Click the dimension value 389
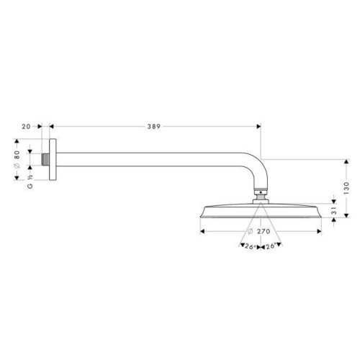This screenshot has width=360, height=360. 152,125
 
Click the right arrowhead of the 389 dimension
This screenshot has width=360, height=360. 258,125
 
